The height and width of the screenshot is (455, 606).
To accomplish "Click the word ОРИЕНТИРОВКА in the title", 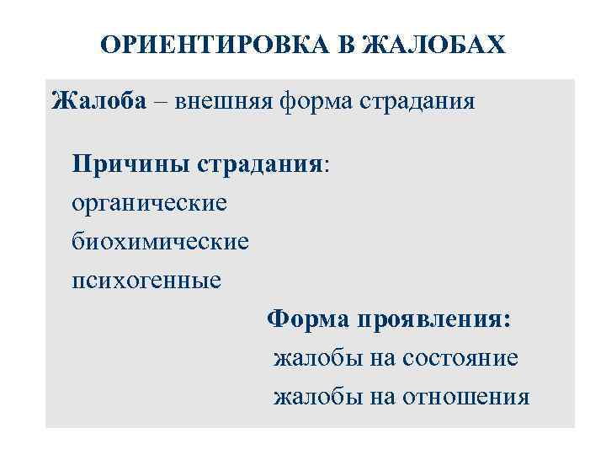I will (x=215, y=44).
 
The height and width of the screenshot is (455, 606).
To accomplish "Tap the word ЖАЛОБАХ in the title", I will (x=435, y=44).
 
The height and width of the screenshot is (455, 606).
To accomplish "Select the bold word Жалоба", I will (x=98, y=101).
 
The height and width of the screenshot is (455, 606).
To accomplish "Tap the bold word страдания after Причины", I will (x=261, y=162).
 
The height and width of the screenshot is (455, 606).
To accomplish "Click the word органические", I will (x=149, y=202).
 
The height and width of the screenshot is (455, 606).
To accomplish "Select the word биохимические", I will (x=160, y=242).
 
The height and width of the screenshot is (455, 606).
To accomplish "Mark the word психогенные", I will (x=146, y=279).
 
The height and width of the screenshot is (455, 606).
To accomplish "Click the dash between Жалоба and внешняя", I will (x=160, y=102).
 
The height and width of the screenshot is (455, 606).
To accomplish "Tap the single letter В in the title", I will (x=347, y=44).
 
